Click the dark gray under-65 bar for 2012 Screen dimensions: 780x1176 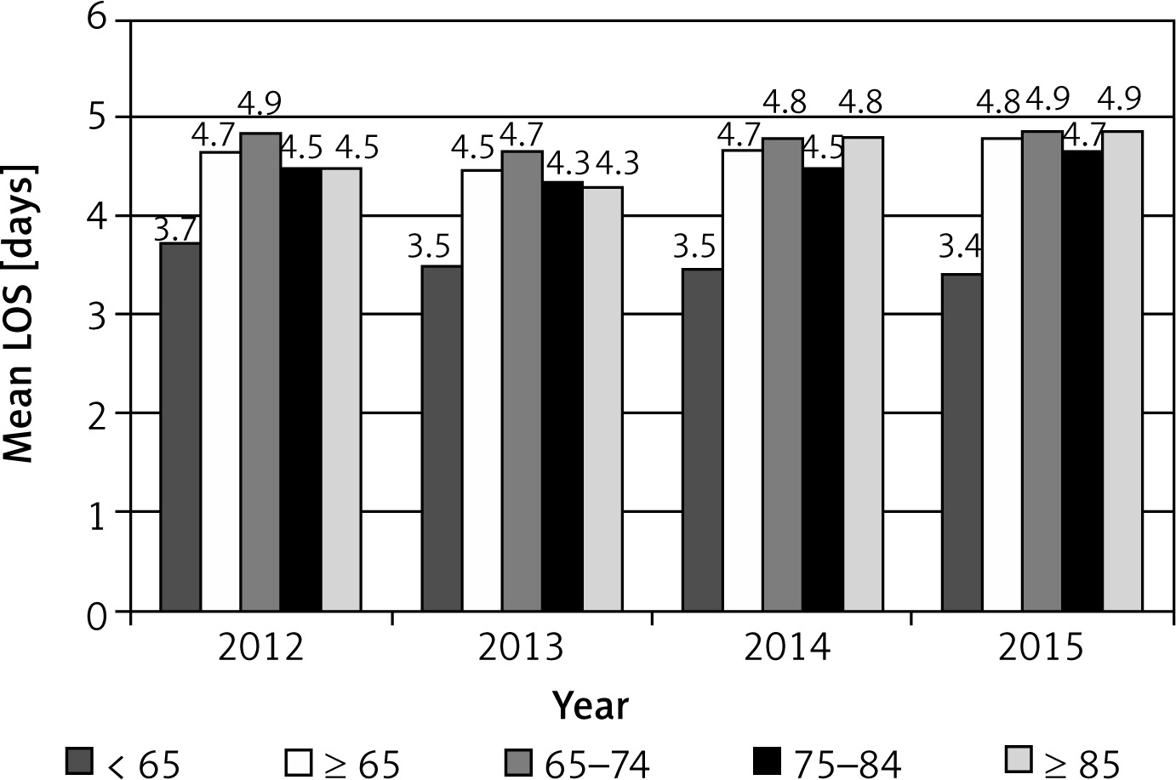coord(180,427)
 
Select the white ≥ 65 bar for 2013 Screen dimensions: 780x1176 coord(482,390)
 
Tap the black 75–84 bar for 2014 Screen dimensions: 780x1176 coord(825,389)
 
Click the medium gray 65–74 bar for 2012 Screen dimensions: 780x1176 coord(260,372)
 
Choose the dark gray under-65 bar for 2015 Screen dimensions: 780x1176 coord(962,442)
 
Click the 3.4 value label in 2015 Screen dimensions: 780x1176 coord(960,248)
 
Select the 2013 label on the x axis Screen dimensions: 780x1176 coord(522,649)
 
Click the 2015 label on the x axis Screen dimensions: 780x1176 coord(1042,649)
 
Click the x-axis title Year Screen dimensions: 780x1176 coord(591,705)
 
